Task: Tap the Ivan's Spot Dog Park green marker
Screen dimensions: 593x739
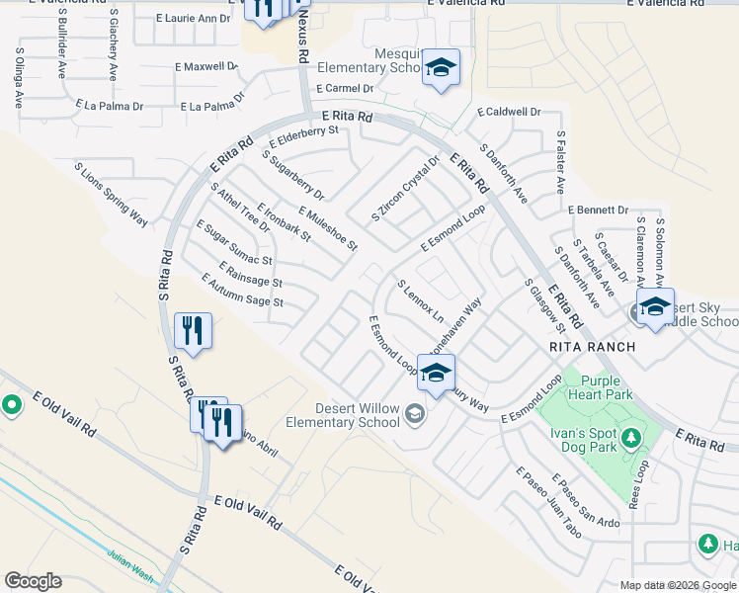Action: tap(630, 436)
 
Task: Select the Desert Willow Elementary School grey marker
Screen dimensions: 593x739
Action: tap(415, 413)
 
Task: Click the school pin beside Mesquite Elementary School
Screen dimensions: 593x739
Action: tap(442, 68)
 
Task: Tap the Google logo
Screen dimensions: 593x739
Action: tap(33, 581)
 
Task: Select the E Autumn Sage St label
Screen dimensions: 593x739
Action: tap(242, 290)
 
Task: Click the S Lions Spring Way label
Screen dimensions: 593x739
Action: tap(111, 194)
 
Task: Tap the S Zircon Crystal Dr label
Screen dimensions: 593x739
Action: tap(405, 187)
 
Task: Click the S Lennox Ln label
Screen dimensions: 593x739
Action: tap(421, 300)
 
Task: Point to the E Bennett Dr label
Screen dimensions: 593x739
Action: tap(599, 211)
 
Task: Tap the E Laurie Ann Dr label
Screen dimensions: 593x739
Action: tap(194, 19)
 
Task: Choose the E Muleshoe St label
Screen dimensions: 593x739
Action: tap(327, 228)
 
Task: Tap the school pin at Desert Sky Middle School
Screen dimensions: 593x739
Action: tap(655, 307)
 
